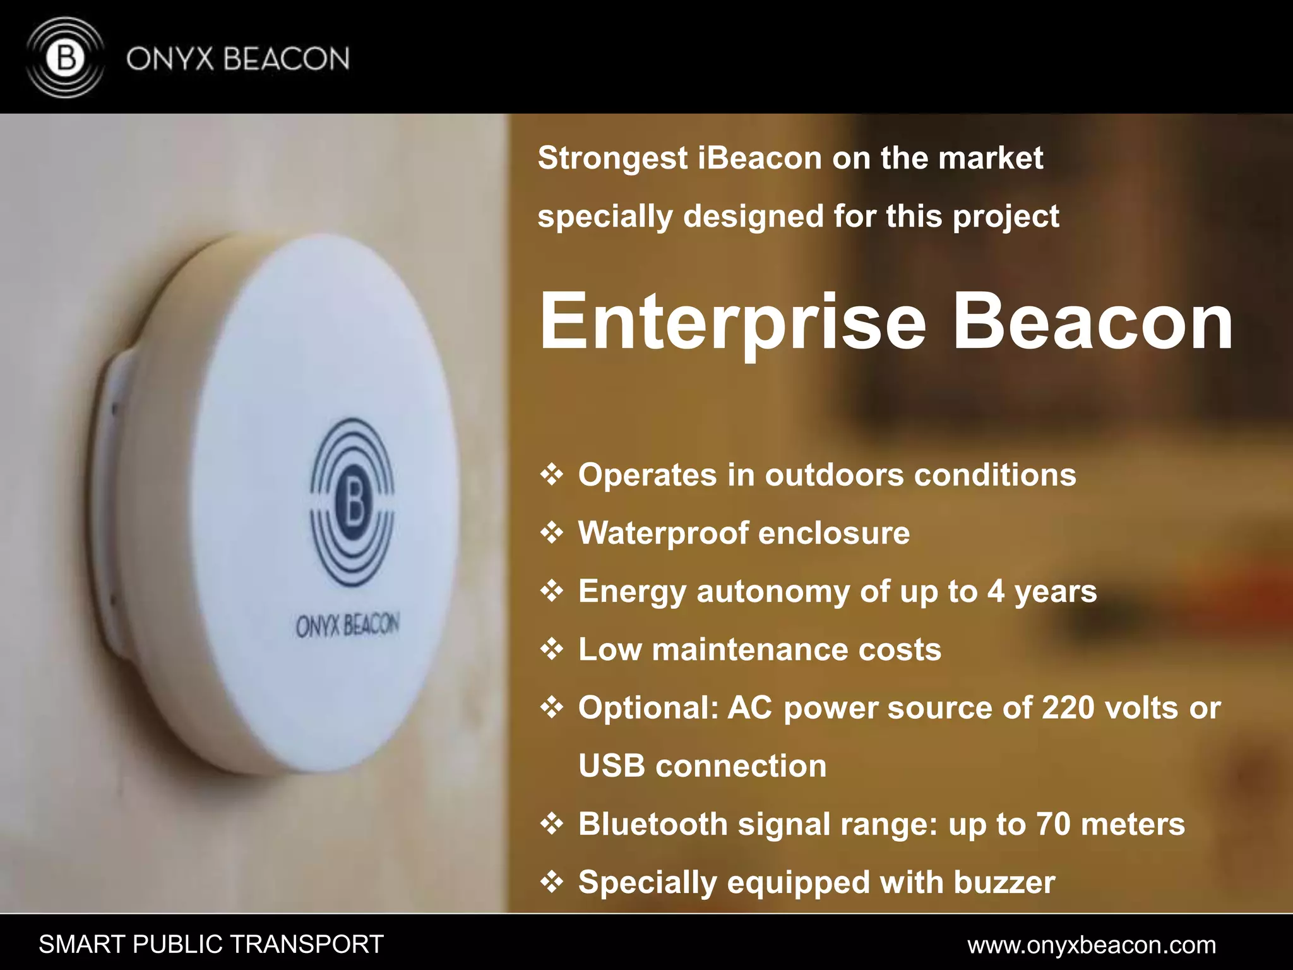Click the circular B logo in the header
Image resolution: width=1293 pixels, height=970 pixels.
coord(66,58)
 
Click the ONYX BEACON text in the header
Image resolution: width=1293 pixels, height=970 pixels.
coord(237,59)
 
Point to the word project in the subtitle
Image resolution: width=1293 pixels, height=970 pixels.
coord(1005,217)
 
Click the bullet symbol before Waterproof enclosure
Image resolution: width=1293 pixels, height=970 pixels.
coord(552,534)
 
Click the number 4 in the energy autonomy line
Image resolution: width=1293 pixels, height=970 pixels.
coord(996,592)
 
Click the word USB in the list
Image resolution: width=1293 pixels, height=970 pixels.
coord(611,766)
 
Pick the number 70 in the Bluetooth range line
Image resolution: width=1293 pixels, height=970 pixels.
coord(1053,824)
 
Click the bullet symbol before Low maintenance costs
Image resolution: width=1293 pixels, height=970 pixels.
coord(552,650)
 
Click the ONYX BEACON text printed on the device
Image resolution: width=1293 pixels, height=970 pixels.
coord(347,626)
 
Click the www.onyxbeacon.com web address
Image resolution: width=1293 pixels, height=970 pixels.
coord(1092,945)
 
